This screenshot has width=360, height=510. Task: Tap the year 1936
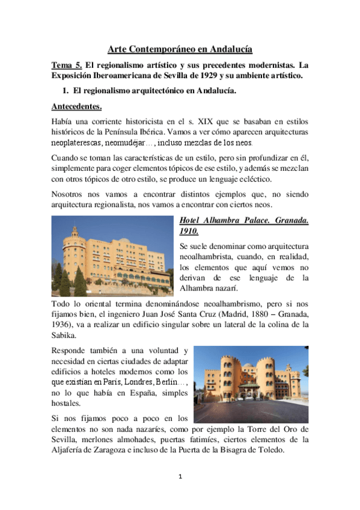(x=62, y=325)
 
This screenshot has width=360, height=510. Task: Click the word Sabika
(x=67, y=336)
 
